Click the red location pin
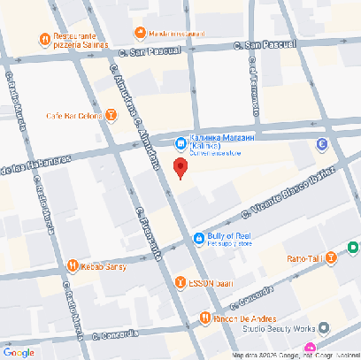tap(180, 168)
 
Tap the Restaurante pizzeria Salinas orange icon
tap(43, 39)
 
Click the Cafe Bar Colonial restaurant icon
tap(111, 115)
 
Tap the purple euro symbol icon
tap(321, 144)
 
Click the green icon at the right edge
tap(353, 249)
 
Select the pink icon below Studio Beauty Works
tap(310, 347)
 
